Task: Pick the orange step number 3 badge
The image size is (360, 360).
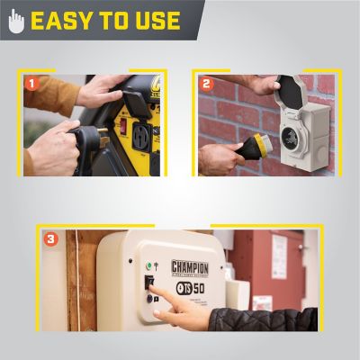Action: pos(51,239)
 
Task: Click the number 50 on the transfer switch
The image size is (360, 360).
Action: pos(199,290)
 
